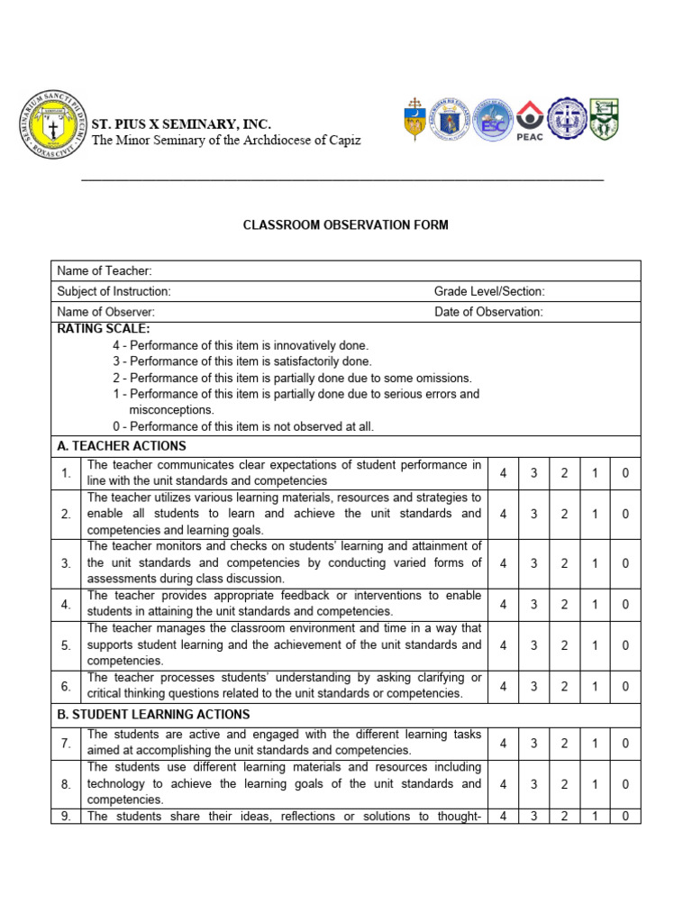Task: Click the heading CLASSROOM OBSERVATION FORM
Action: click(345, 224)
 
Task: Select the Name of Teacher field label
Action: click(105, 271)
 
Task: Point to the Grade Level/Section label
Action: click(489, 291)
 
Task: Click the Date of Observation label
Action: click(488, 312)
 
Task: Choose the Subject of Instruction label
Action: click(114, 291)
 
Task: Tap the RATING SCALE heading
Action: click(104, 329)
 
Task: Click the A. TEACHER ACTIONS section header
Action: click(122, 446)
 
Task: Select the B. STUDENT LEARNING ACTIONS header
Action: click(153, 715)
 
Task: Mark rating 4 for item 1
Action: click(504, 473)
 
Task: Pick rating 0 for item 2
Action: click(625, 514)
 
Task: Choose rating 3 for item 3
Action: click(533, 563)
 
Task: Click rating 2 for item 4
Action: click(564, 605)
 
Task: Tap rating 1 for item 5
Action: click(595, 645)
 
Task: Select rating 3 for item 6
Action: click(533, 686)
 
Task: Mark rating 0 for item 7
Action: click(625, 743)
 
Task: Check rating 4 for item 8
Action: click(504, 784)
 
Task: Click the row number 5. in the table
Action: click(66, 645)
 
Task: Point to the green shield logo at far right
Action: click(603, 120)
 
